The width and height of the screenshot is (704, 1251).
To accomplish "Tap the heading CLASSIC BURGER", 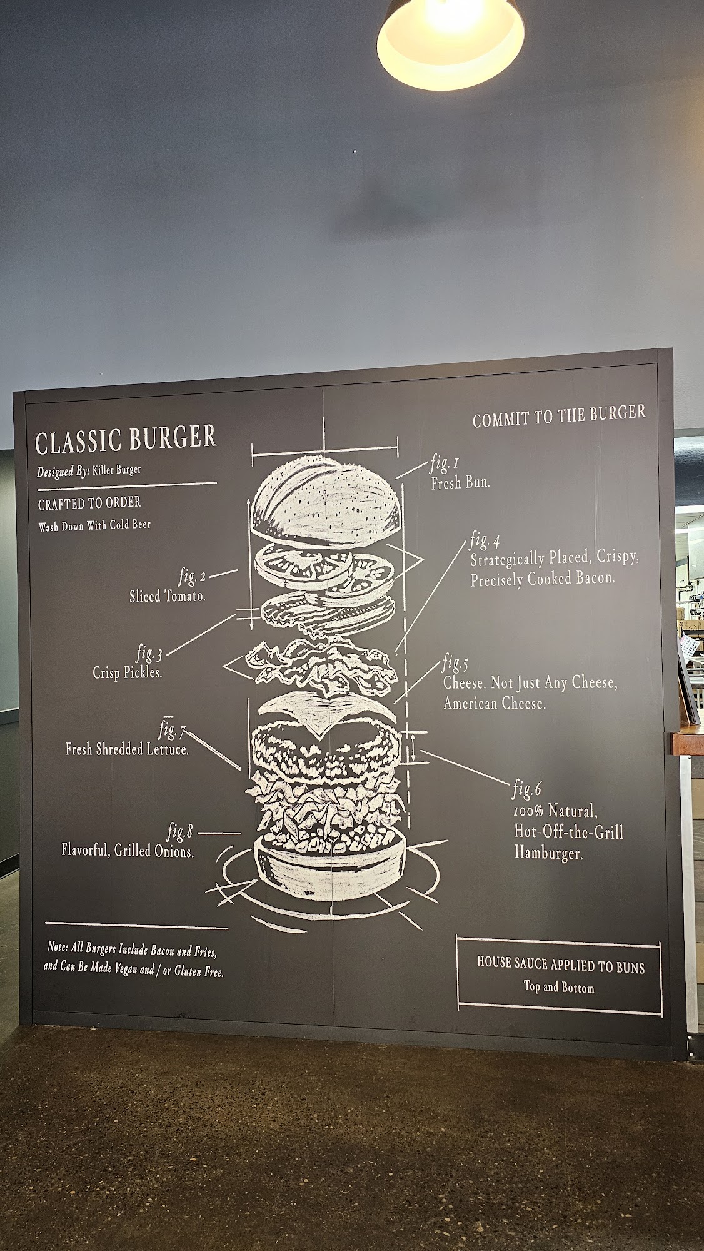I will click(126, 440).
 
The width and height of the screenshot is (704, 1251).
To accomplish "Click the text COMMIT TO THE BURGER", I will click(559, 417).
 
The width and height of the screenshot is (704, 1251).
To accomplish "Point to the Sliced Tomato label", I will click(167, 596).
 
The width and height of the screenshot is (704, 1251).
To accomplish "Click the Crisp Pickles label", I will click(128, 672).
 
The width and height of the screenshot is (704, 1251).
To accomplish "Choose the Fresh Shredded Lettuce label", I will click(127, 749).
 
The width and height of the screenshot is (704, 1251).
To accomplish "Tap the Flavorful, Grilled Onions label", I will click(128, 850).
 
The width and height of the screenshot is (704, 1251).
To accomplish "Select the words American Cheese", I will click(494, 704).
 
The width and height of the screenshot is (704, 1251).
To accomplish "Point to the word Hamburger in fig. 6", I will click(548, 853).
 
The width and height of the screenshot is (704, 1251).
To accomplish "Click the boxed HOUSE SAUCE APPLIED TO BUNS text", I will click(560, 965).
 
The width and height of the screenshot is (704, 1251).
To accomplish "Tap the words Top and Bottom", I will click(559, 988).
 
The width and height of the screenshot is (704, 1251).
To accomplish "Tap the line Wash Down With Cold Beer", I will click(94, 525).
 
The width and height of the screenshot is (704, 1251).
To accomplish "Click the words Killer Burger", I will click(117, 470).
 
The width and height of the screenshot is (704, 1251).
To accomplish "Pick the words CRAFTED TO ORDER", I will click(89, 503).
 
